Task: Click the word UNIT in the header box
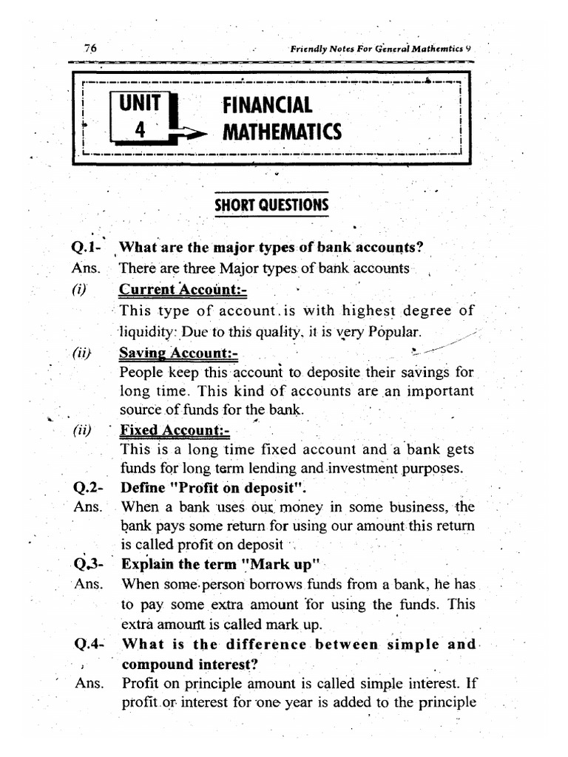[140, 104]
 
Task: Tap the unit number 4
[139, 130]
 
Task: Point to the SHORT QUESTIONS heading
[271, 205]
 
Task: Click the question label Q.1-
[89, 248]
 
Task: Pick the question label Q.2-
[89, 488]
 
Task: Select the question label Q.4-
[90, 644]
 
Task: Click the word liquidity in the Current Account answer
[145, 330]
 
